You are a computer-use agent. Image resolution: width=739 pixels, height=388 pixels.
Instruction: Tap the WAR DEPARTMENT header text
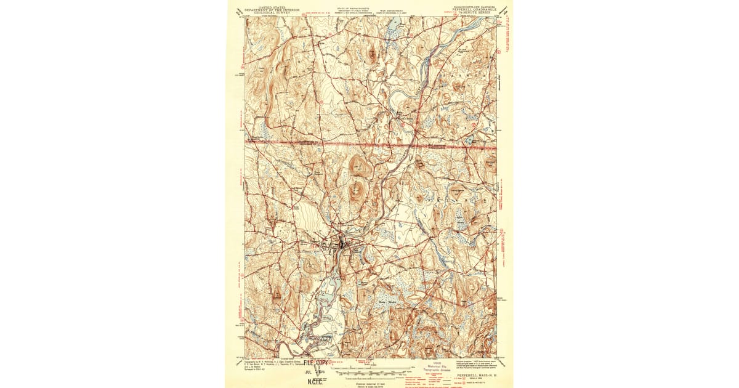391,9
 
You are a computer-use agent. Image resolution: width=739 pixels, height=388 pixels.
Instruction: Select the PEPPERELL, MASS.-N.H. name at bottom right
475,374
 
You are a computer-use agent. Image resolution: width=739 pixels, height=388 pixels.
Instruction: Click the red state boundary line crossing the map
369,143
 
